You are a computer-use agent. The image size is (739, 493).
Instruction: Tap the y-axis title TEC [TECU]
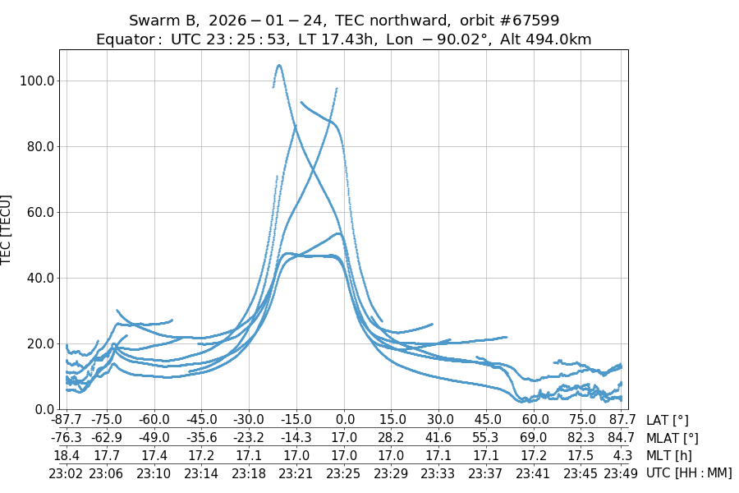7,229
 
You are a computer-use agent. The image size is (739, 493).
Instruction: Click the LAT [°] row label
668,421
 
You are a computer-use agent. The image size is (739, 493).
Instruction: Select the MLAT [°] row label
672,438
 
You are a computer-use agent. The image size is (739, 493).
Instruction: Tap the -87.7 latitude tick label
67,421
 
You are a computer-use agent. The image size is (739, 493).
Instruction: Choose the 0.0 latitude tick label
345,421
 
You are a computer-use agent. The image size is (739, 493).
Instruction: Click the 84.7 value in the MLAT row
618,438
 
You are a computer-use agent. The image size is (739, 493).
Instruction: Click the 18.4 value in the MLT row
67,455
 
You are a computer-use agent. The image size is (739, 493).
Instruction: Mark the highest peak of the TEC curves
280,66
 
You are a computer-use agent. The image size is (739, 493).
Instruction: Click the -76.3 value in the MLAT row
67,438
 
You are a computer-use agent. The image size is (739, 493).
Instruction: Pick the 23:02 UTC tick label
67,472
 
